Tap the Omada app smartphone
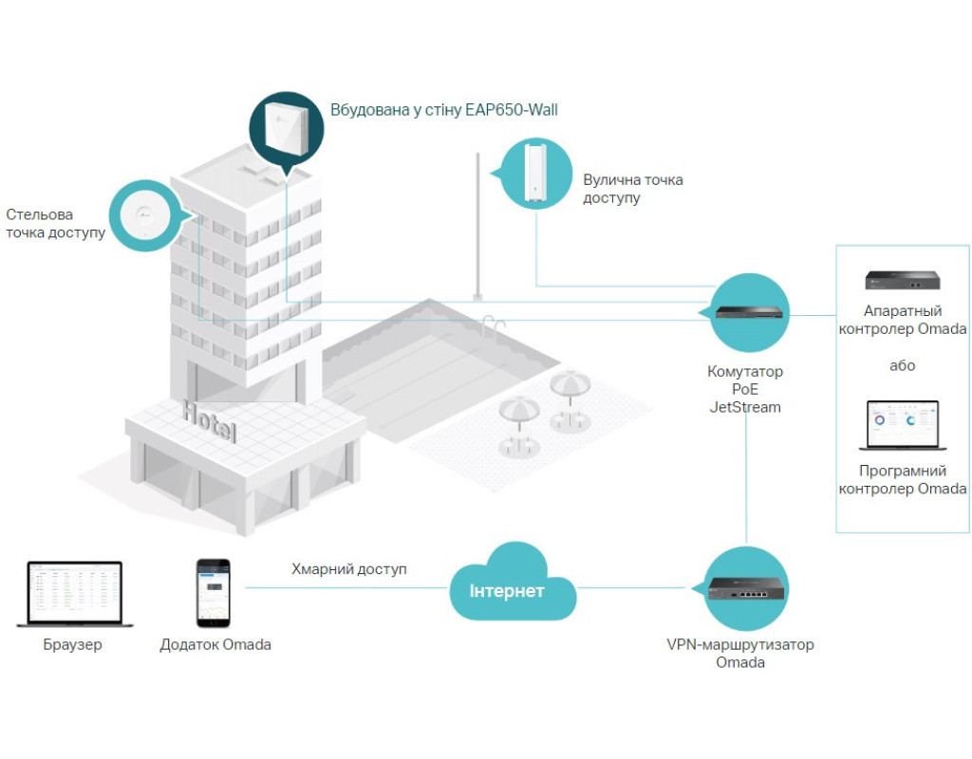tap(213, 593)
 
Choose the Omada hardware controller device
tap(902, 280)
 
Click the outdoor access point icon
tap(535, 173)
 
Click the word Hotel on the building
tap(210, 421)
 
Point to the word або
tap(902, 365)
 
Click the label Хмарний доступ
tap(348, 569)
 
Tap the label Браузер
tap(72, 645)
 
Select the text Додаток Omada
tap(215, 645)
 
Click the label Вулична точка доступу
tap(633, 189)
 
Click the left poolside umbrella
tap(520, 414)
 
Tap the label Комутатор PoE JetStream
tap(745, 389)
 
